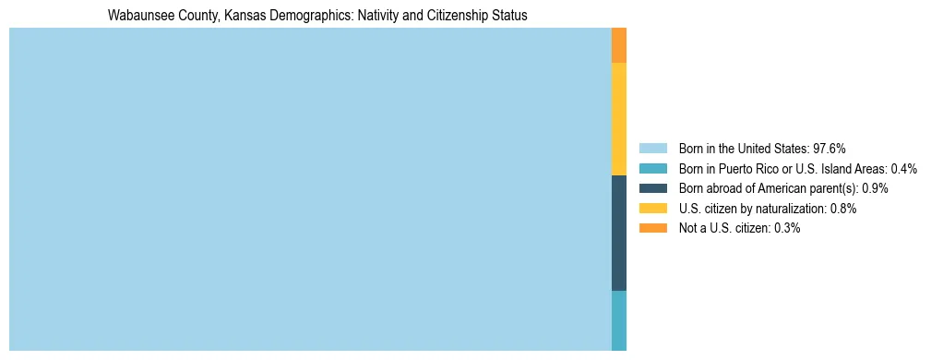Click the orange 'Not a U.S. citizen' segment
pyautogui.click(x=619, y=45)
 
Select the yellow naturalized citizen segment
pyautogui.click(x=619, y=119)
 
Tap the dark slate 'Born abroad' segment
pyautogui.click(x=619, y=234)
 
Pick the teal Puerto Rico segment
pyautogui.click(x=619, y=320)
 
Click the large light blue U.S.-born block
pyautogui.click(x=310, y=189)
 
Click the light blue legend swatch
pyautogui.click(x=652, y=148)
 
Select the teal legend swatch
pyautogui.click(x=652, y=168)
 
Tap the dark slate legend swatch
pyautogui.click(x=652, y=188)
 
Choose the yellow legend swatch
pyautogui.click(x=652, y=209)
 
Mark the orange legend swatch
pyautogui.click(x=652, y=228)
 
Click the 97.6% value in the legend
pyautogui.click(x=830, y=148)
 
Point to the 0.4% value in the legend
pyautogui.click(x=903, y=168)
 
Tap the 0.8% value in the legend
pyautogui.click(x=842, y=209)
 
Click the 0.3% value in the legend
pyautogui.click(x=786, y=228)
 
